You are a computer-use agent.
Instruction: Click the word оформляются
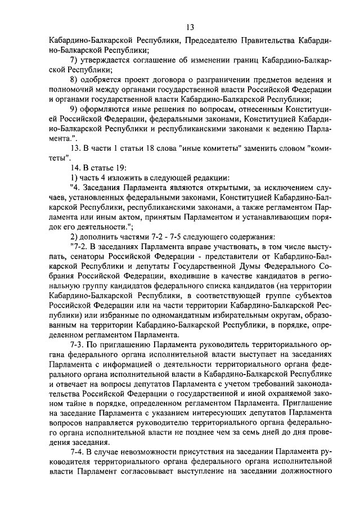(x=107, y=109)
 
